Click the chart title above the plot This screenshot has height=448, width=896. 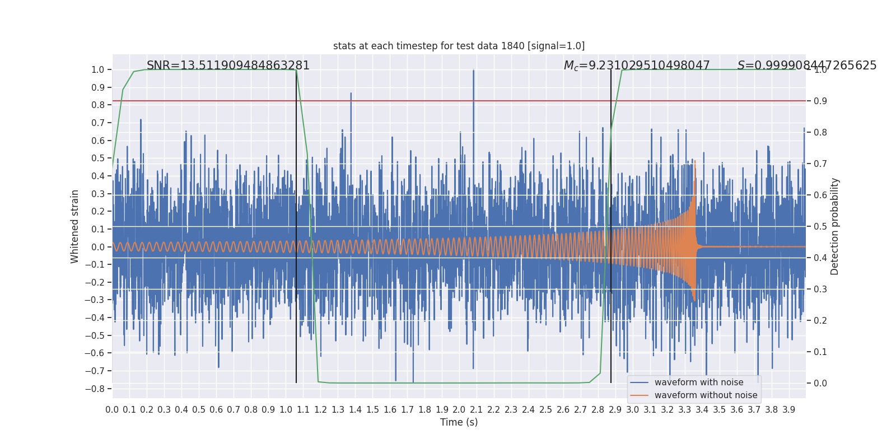point(459,46)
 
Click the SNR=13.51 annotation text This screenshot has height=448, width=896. point(228,66)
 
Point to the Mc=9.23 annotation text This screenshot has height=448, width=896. point(637,66)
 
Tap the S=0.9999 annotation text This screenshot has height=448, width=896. point(806,66)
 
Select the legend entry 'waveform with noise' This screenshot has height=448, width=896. point(698,382)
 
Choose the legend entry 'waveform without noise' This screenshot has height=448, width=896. point(705,395)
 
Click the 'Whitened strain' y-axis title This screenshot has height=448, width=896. point(75,226)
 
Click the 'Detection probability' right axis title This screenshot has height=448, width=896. point(835,226)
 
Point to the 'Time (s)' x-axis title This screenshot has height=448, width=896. point(459,422)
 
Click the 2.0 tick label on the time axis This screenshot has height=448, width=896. point(459,410)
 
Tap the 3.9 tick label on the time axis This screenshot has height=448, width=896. point(788,410)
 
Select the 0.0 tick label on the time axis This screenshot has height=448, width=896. point(112,410)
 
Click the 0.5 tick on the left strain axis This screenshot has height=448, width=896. point(98,158)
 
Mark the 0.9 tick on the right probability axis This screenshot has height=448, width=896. point(820,101)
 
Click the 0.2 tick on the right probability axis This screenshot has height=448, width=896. point(820,321)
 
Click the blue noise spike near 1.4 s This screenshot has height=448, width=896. point(351,94)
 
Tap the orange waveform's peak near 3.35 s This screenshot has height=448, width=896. point(695,161)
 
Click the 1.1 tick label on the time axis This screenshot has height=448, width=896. point(303,410)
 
